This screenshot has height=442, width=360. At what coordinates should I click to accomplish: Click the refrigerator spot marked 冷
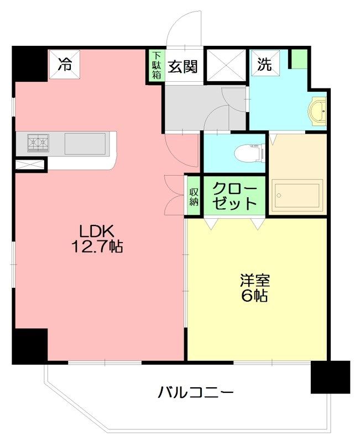(64, 64)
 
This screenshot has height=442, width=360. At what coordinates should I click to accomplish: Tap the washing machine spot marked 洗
(265, 63)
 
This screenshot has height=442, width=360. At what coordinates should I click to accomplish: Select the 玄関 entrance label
(182, 66)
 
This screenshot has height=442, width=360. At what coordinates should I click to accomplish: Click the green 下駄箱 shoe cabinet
(156, 65)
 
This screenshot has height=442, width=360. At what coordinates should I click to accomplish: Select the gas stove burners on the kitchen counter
(38, 143)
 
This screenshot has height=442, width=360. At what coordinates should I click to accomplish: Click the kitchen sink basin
(85, 144)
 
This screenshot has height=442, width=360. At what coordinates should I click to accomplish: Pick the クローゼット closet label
(234, 196)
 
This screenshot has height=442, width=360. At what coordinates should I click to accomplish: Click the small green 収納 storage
(194, 196)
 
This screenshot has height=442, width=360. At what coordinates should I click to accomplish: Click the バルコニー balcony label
(195, 393)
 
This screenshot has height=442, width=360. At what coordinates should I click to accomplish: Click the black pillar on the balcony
(330, 377)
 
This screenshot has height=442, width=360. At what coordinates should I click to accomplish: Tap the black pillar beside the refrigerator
(29, 64)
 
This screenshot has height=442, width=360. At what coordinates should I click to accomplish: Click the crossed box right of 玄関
(226, 65)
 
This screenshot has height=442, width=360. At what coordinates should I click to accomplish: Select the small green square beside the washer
(299, 59)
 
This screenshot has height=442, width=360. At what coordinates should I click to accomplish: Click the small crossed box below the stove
(30, 165)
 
